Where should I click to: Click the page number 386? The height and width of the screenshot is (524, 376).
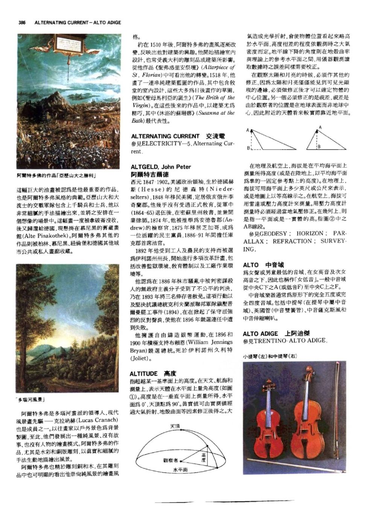[x=21, y=23]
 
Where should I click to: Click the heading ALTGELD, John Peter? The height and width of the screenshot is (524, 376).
[x=161, y=167]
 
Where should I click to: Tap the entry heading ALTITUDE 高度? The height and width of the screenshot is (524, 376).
[x=152, y=373]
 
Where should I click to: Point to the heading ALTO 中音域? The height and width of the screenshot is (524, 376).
[x=263, y=265]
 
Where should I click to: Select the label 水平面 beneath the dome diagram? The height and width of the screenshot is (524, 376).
[x=180, y=470]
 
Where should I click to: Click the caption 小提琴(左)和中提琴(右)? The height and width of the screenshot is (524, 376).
[x=270, y=357]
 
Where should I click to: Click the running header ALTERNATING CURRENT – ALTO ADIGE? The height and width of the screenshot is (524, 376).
[x=78, y=23]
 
